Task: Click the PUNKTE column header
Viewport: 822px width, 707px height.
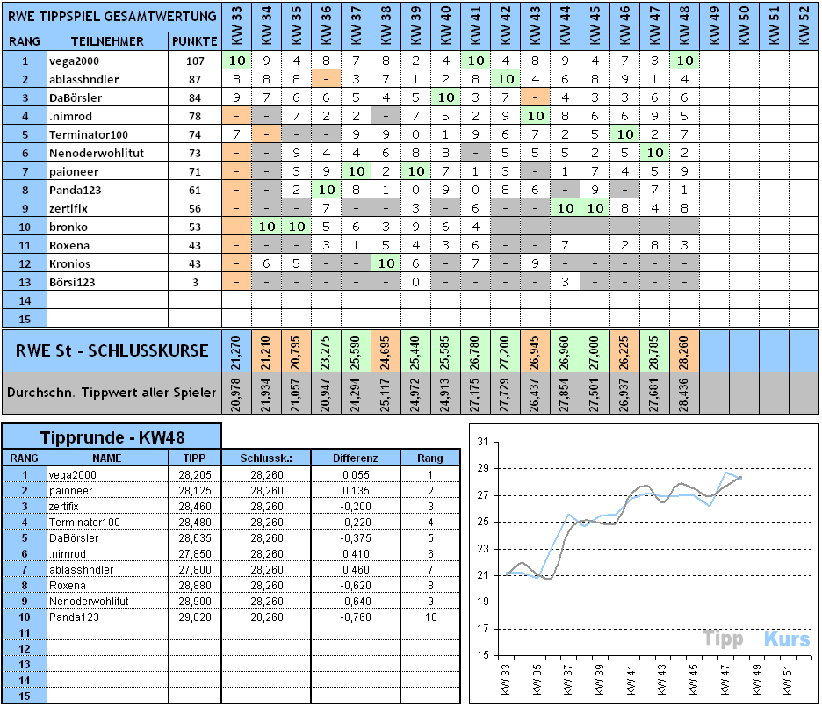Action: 194,41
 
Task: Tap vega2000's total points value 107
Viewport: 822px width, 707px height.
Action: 194,61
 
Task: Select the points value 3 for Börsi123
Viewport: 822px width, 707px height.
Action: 194,282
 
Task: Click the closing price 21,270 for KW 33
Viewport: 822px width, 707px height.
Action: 236,350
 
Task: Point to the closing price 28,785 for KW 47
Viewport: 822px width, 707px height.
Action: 654,350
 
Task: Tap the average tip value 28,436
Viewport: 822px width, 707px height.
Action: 684,393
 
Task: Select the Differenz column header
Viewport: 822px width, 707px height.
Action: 356,458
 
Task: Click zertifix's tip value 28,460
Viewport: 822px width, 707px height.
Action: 194,506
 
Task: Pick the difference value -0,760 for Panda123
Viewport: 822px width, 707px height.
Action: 356,617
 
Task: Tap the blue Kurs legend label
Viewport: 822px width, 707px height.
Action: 786,639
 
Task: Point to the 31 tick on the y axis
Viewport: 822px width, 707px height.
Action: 481,443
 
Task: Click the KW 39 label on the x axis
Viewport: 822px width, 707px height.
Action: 600,677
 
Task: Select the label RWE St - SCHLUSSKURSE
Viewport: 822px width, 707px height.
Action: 112,350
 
